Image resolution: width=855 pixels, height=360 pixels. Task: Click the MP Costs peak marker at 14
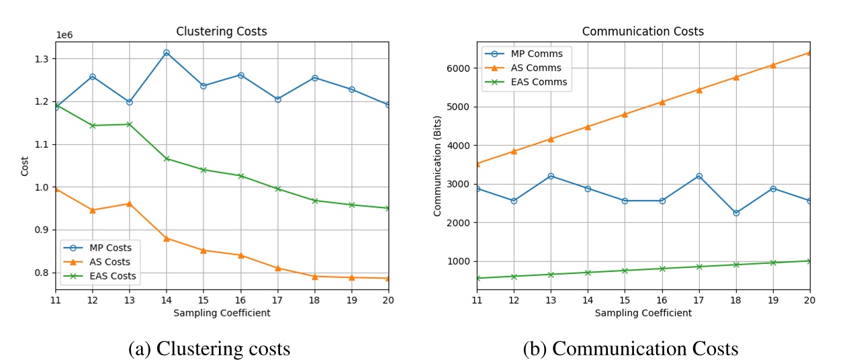[167, 52]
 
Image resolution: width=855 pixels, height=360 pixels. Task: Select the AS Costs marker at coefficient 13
[130, 204]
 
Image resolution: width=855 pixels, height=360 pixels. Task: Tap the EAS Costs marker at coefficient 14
[167, 159]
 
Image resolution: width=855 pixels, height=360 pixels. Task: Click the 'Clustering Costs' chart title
[221, 32]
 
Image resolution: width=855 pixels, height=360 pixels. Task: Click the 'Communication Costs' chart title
[643, 32]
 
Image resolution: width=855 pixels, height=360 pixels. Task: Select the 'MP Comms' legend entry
[536, 53]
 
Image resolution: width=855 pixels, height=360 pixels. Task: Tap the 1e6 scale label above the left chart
[64, 35]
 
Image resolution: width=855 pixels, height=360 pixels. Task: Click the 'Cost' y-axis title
[25, 166]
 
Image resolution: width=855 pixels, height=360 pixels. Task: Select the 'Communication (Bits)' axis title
[437, 166]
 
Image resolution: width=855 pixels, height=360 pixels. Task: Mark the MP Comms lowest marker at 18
[736, 213]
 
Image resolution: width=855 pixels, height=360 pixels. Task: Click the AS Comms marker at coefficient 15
[625, 114]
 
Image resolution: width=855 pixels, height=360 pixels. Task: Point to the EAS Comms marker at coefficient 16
[662, 269]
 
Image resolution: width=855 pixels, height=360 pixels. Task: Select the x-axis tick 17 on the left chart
[277, 301]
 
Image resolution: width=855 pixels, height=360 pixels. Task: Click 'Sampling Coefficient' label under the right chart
[643, 313]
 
